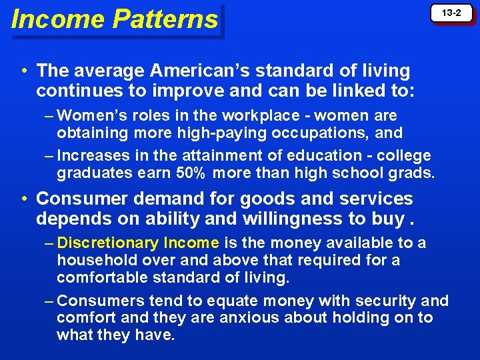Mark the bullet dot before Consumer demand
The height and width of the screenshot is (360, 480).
(x=23, y=199)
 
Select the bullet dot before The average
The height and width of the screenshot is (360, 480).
(x=23, y=70)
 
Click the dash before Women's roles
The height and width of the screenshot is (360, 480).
(x=49, y=115)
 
